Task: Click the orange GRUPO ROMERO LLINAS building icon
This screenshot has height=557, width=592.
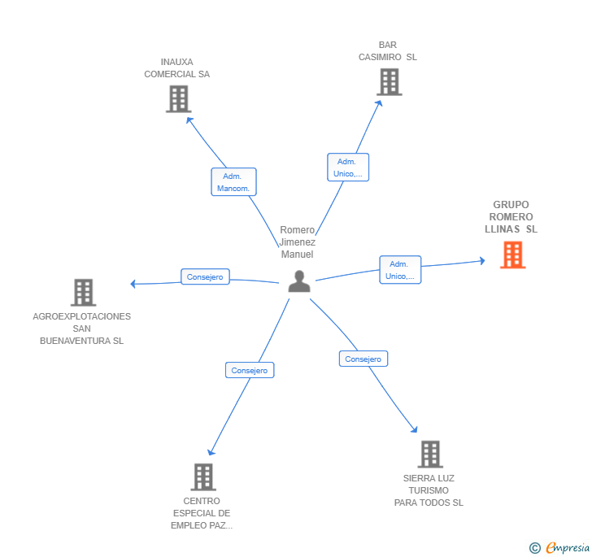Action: pos(512,255)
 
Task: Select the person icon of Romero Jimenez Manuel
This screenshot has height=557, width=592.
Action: pos(299,281)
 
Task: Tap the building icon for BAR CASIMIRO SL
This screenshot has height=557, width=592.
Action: pos(390,82)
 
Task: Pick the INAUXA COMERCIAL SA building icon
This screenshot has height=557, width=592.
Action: pos(179,99)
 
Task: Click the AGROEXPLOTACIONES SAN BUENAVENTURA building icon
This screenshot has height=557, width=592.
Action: pos(84,292)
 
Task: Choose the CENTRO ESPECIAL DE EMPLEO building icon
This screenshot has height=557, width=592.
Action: pos(203,477)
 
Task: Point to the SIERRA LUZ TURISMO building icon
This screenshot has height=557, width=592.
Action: pos(430,455)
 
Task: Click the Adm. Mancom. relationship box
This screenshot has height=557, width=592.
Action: pos(233,181)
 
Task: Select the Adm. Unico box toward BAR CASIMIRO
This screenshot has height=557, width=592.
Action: pos(348,168)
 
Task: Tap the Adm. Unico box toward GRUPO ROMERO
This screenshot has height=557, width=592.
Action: pos(400,270)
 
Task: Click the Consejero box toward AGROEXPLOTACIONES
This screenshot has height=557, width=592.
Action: pos(205,276)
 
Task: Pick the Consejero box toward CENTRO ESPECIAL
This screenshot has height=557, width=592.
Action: pos(250,370)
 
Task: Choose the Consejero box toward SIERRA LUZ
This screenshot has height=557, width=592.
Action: pos(363,359)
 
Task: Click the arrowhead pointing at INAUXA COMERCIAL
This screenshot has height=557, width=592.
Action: pos(189,120)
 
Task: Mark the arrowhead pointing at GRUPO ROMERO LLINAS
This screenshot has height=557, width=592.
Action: pos(482,260)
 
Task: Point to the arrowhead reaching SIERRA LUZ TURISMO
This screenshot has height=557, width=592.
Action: pos(414,429)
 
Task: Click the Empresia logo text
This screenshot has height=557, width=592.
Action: pos(568,547)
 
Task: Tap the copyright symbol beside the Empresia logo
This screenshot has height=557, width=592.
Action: pos(534,547)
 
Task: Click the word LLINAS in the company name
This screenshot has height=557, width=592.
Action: pos(503,228)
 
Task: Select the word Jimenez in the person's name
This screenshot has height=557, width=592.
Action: pos(297,242)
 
